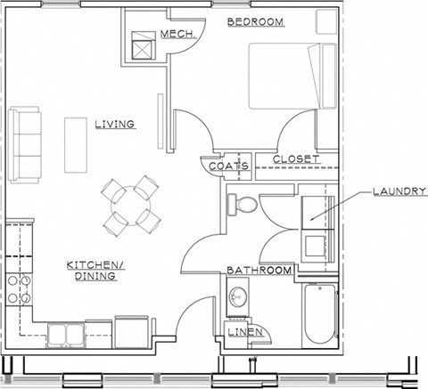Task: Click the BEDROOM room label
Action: (255, 20)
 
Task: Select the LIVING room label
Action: (115, 125)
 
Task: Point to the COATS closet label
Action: (227, 166)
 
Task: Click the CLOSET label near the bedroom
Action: (295, 159)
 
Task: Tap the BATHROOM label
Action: (259, 270)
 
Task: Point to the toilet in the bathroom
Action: (242, 204)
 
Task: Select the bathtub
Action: (318, 316)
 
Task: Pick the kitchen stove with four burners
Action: (20, 288)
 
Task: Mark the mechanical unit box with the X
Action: (143, 45)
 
